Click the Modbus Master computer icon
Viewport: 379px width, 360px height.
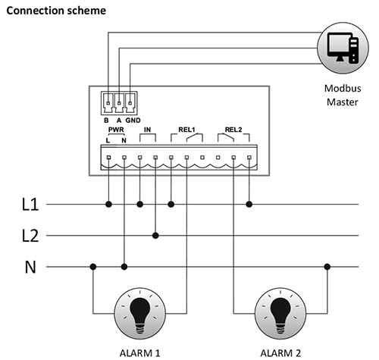[343, 48]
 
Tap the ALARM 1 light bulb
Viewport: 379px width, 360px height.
[140, 314]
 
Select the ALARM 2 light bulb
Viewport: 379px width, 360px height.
[280, 314]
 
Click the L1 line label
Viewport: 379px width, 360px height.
[30, 204]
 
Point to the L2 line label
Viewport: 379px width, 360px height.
[30, 236]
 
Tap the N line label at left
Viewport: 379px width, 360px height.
[30, 267]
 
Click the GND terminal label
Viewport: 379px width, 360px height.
[133, 121]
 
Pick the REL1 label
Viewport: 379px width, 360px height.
[186, 130]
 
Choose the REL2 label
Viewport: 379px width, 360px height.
[233, 130]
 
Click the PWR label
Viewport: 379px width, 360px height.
[116, 130]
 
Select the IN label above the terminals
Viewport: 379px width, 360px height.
[147, 130]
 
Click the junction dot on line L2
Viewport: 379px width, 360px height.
[155, 236]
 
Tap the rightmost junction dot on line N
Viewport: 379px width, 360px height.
[327, 267]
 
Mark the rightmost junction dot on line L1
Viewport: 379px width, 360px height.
[249, 204]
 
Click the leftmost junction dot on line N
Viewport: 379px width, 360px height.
[93, 267]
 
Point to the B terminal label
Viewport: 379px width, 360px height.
[106, 121]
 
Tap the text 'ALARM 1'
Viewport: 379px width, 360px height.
[139, 353]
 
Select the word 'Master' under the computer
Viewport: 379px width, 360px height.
[343, 102]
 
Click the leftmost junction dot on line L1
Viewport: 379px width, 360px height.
[108, 204]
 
